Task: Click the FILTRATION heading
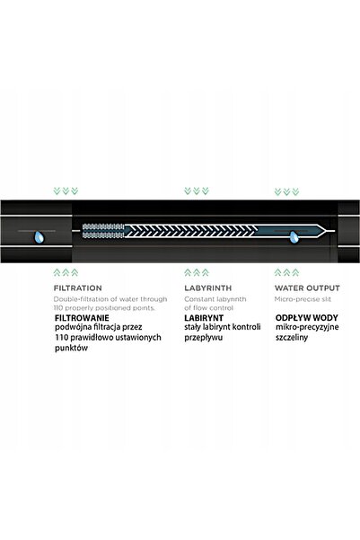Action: tap(78, 288)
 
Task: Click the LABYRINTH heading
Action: tap(208, 288)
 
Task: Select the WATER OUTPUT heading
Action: tap(307, 288)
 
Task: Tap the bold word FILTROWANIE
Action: tap(82, 318)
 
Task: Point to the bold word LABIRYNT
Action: tap(204, 318)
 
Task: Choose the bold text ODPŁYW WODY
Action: tap(307, 318)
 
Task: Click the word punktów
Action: tap(71, 348)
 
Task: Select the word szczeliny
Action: tap(292, 338)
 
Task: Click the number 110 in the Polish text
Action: tap(60, 337)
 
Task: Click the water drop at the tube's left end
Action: tap(40, 237)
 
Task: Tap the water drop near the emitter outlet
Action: tap(294, 237)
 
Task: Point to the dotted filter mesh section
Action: tap(103, 231)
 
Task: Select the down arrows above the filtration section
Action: tap(66, 190)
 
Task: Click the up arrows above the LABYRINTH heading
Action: tap(197, 273)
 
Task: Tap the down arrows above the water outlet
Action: tap(286, 191)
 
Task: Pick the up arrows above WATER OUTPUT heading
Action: tap(286, 273)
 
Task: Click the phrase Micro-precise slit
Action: tap(303, 299)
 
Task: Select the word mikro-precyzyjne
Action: tap(307, 327)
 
